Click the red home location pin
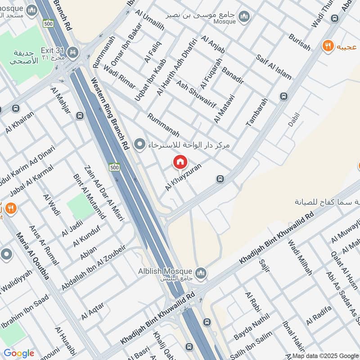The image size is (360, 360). pos(180,162)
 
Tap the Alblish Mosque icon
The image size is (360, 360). pos(201,273)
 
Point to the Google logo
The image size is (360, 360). pos(18,353)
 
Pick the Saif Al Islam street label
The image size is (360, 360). pos(273,67)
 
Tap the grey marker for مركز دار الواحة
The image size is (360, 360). pos(140,145)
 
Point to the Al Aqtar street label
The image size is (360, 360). pos(93,311)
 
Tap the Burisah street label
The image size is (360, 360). pos(300,42)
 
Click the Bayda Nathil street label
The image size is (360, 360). pos(251,329)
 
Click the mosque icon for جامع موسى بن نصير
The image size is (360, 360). pos(244,17)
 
